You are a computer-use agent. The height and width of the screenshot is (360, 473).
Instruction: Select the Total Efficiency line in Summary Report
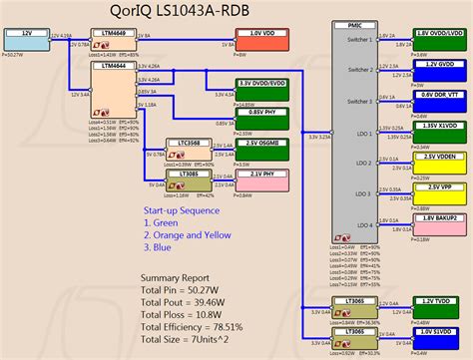tap(208, 324)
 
